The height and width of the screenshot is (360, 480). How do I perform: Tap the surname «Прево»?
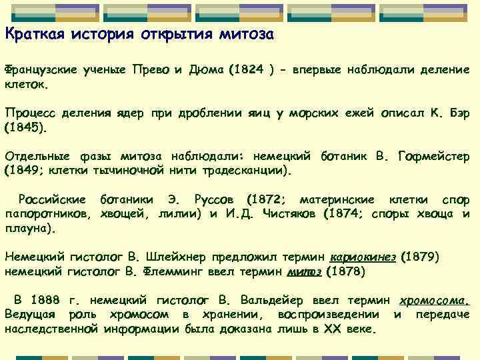[x=152, y=70]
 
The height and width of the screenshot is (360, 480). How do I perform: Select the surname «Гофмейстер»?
[x=433, y=157]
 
